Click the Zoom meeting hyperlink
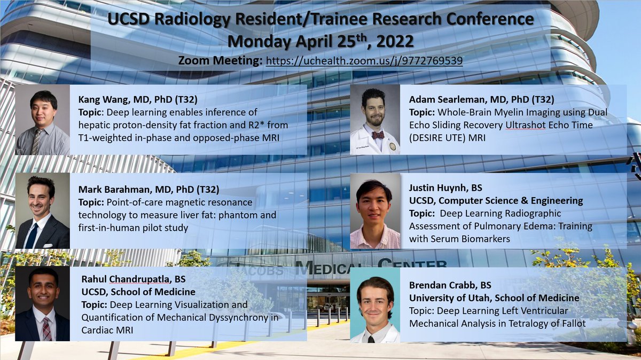point(364,61)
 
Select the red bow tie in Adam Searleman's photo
point(378,135)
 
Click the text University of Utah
point(443,298)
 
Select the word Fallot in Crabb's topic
point(570,323)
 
